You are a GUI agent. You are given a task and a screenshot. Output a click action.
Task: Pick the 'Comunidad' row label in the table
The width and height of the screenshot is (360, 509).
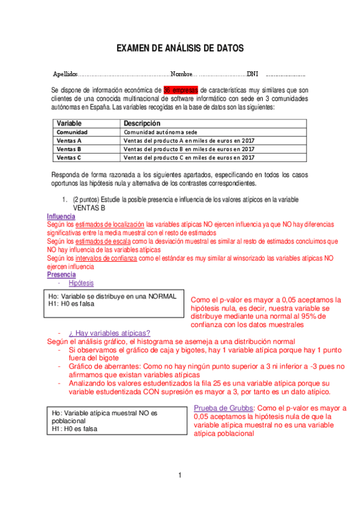(73, 131)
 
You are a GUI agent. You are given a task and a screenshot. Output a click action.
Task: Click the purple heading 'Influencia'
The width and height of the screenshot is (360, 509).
(61, 216)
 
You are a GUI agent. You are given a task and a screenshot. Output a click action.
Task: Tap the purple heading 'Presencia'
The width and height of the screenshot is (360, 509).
(61, 274)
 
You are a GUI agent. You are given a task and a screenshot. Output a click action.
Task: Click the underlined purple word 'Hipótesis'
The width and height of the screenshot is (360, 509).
(81, 283)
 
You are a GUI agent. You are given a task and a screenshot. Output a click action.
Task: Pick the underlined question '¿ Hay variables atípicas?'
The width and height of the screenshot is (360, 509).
(109, 333)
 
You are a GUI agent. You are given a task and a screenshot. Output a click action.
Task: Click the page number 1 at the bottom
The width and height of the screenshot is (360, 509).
(179, 476)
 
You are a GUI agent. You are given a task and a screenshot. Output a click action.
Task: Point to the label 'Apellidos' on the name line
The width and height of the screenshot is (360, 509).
(65, 74)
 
